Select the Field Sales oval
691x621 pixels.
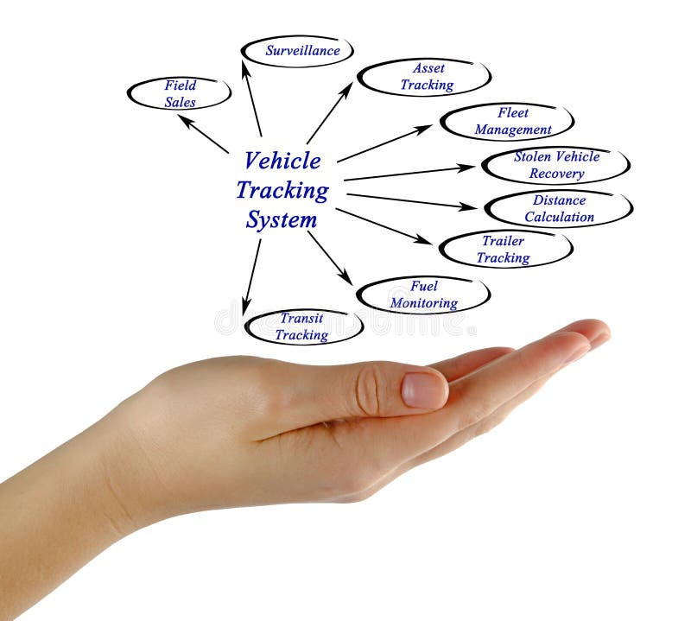point(180,93)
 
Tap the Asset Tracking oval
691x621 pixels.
point(424,77)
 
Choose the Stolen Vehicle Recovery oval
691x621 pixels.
point(556,165)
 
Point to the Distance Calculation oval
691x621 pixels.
point(559,208)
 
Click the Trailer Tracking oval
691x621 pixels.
point(505,249)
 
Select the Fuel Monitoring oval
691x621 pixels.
point(423,295)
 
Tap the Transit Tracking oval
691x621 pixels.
point(302,326)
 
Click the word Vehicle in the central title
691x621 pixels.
point(282,161)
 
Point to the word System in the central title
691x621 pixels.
point(282,219)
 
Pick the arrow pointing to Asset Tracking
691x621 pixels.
point(329,112)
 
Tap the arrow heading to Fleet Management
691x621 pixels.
point(384,143)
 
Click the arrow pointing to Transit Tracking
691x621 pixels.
point(251,276)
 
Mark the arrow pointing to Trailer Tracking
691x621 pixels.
point(384,226)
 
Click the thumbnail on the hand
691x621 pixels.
point(424,390)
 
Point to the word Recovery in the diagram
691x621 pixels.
point(556,174)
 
